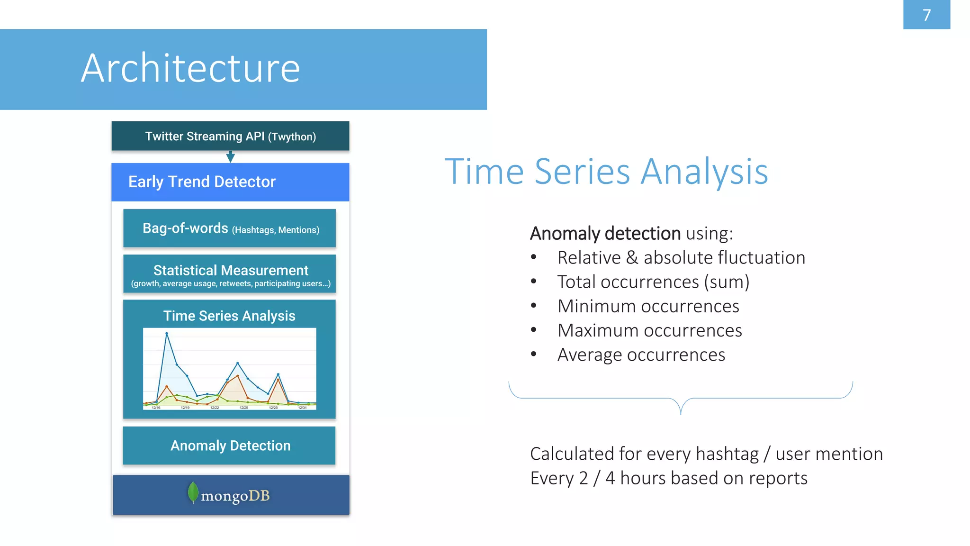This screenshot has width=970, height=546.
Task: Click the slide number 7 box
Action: point(926,15)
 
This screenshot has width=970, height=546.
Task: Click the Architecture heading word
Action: point(190,68)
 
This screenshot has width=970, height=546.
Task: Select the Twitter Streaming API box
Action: point(230,136)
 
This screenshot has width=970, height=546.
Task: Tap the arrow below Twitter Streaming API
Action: point(230,157)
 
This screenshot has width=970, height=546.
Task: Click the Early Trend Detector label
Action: point(202,182)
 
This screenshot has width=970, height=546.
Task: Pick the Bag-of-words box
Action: point(230,228)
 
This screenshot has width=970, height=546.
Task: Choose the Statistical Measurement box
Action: point(230,274)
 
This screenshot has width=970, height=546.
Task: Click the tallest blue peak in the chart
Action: point(167,334)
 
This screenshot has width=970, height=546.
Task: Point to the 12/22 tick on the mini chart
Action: point(215,407)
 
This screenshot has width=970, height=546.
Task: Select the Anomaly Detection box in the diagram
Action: point(230,446)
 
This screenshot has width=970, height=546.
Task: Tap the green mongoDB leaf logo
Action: point(193,492)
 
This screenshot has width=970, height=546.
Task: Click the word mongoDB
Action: point(235,496)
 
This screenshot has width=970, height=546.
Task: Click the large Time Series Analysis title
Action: point(606,172)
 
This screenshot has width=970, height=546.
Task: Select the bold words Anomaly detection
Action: point(605,233)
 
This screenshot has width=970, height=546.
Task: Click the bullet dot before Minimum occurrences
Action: point(534,306)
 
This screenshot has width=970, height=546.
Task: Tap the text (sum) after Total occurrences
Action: point(727,282)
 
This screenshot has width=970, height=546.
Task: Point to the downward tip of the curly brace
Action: point(681,413)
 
